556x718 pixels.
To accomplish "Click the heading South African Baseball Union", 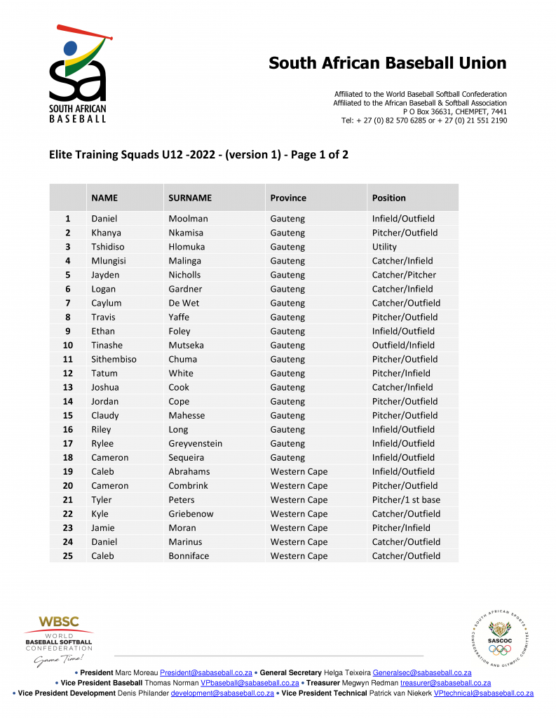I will pos(387,63).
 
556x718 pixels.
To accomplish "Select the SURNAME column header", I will pos(189,198).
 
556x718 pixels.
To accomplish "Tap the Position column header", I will pos(388,198).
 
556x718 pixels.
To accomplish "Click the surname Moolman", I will pos(188,219).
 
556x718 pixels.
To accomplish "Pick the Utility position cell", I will pos(384,247).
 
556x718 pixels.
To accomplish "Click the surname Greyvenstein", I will pos(196,443).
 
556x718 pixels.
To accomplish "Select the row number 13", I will pos(68,387).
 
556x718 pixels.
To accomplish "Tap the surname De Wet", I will pos(183,303).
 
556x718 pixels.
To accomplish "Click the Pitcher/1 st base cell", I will pos(406,500).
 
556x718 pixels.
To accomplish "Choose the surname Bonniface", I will pos(189,556).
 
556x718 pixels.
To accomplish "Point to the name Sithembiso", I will pos(114,359).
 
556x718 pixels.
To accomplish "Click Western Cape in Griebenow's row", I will pos(299,514).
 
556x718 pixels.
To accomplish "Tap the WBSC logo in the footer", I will pos(59,640).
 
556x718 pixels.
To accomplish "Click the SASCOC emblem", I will pos(500,638).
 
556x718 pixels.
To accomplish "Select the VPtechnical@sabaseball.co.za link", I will pos(484,693).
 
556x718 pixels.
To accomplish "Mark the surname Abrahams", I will pos(189,472).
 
